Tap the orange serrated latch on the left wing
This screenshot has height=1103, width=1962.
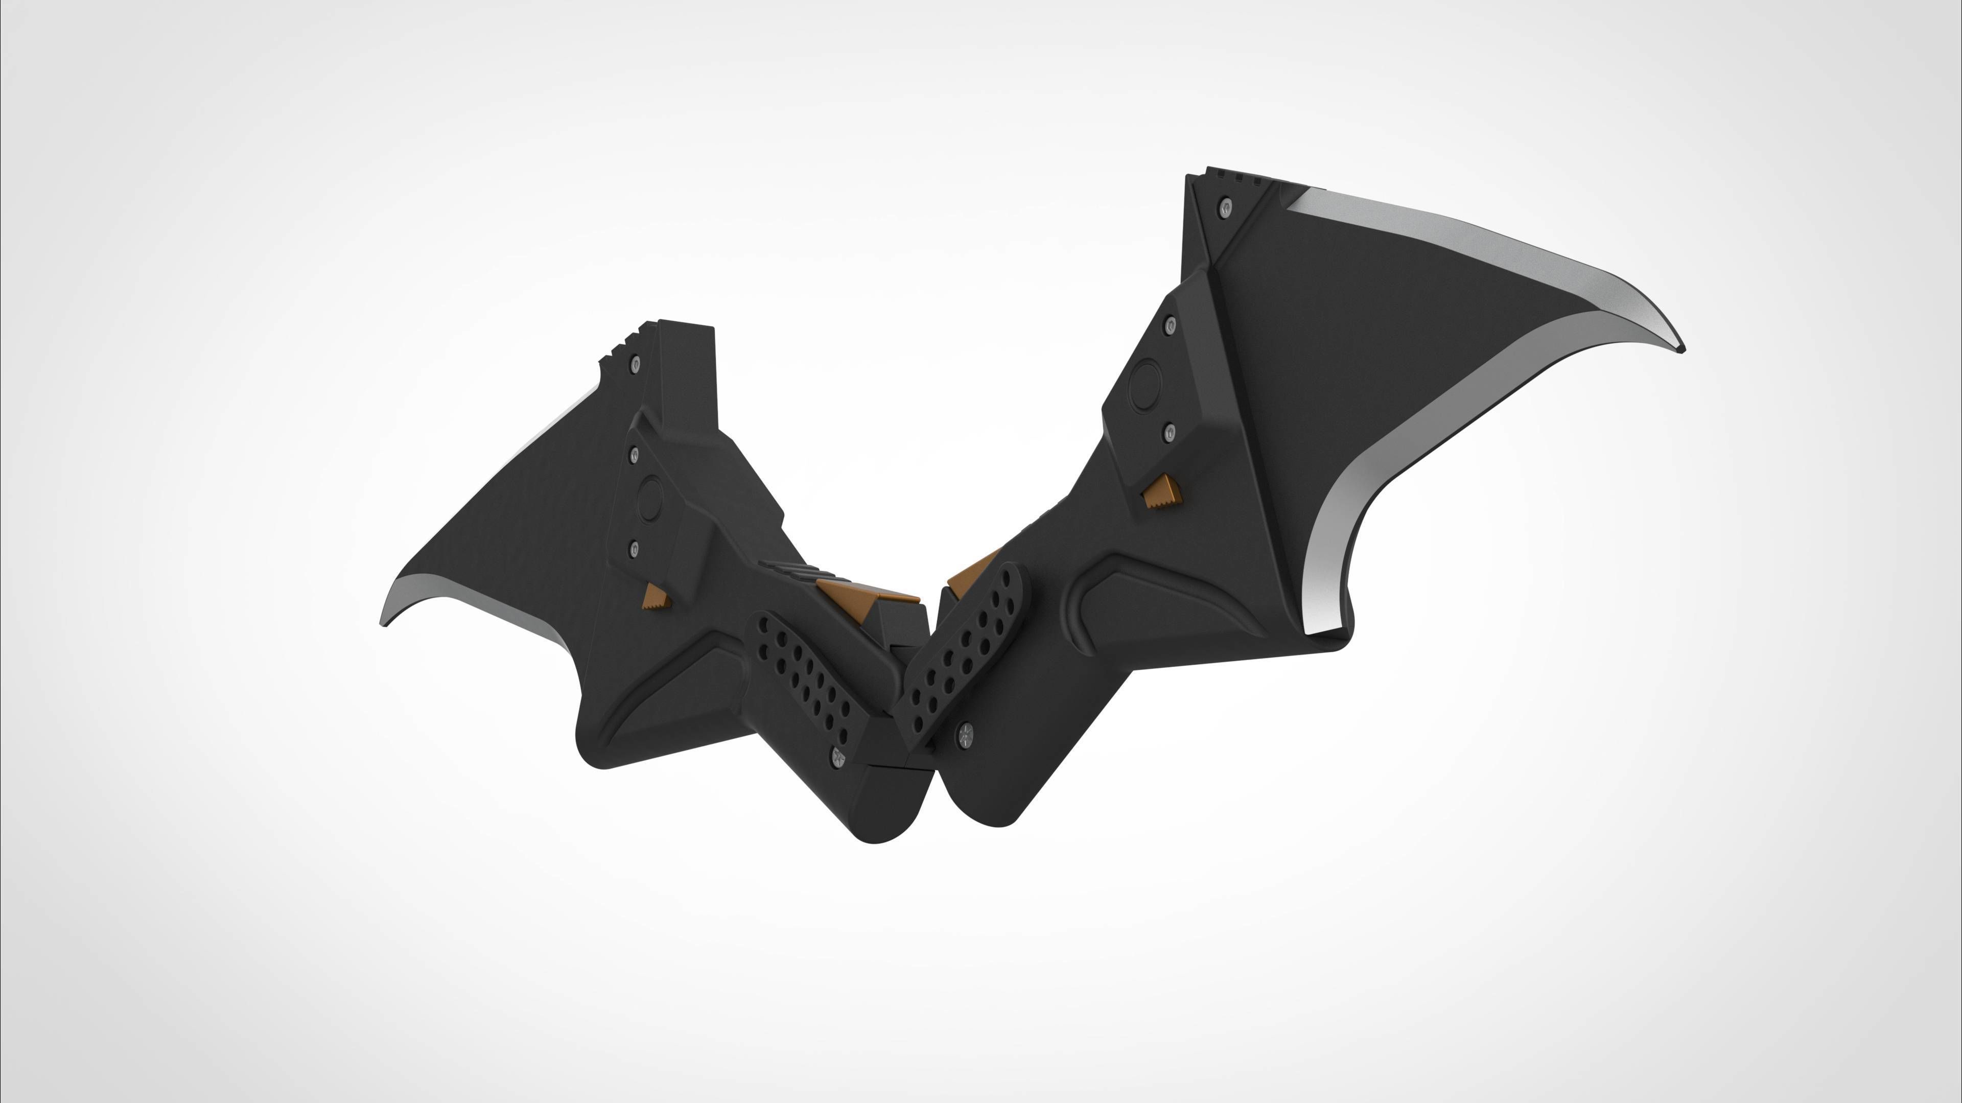656,598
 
